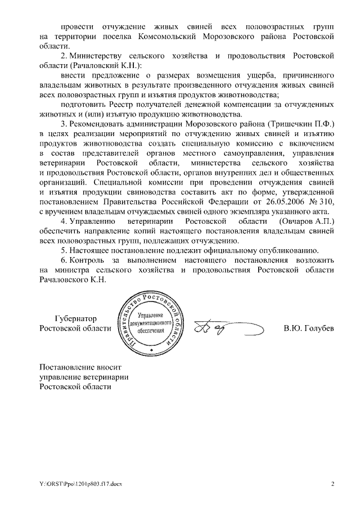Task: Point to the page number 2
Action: [x=332, y=483]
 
